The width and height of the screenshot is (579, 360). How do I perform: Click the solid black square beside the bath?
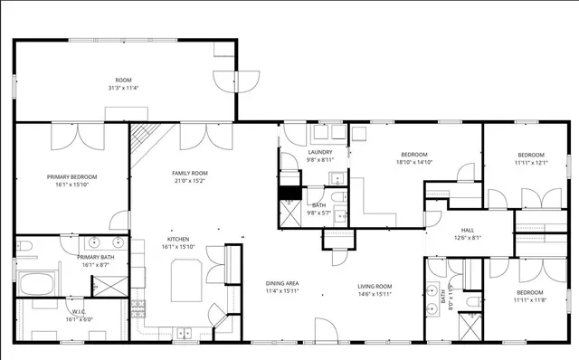pyautogui.click(x=289, y=192)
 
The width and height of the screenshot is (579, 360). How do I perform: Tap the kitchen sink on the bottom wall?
pyautogui.click(x=184, y=333)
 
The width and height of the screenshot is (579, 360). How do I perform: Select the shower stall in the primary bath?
pyautogui.click(x=106, y=285)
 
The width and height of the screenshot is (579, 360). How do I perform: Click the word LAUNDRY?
pyautogui.click(x=320, y=152)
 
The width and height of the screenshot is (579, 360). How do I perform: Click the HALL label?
pyautogui.click(x=468, y=230)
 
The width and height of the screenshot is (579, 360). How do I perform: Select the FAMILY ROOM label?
pyautogui.click(x=190, y=172)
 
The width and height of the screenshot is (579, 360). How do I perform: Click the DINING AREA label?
pyautogui.click(x=282, y=283)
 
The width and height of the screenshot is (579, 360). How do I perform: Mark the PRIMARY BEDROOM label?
pyautogui.click(x=72, y=176)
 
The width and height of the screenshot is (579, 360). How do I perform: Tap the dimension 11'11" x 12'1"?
pyautogui.click(x=531, y=163)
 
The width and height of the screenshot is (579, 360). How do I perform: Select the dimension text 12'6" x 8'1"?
pyautogui.click(x=468, y=238)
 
